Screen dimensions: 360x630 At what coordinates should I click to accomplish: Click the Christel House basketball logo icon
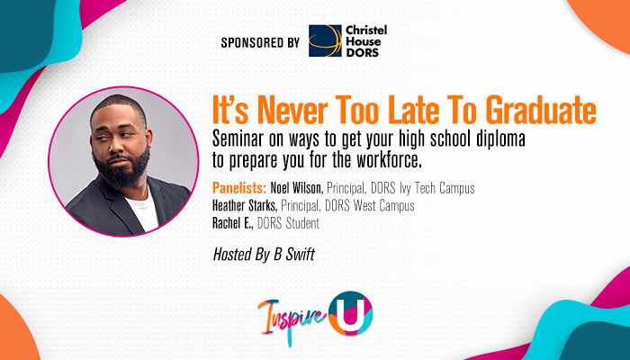[325, 40]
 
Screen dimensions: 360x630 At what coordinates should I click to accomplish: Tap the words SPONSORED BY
[258, 41]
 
